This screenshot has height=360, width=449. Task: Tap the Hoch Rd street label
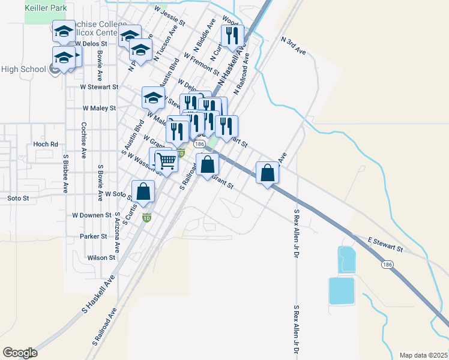46,144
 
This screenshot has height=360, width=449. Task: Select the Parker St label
93,236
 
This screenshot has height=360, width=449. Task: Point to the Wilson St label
101,257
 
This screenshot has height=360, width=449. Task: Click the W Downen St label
92,215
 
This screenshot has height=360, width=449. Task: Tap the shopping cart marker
167,160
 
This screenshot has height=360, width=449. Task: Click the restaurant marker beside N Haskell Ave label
232,36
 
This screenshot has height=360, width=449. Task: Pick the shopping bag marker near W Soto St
143,192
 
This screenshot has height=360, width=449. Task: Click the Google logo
20,353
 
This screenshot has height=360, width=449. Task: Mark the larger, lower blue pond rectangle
341,291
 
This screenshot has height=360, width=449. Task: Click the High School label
23,69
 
